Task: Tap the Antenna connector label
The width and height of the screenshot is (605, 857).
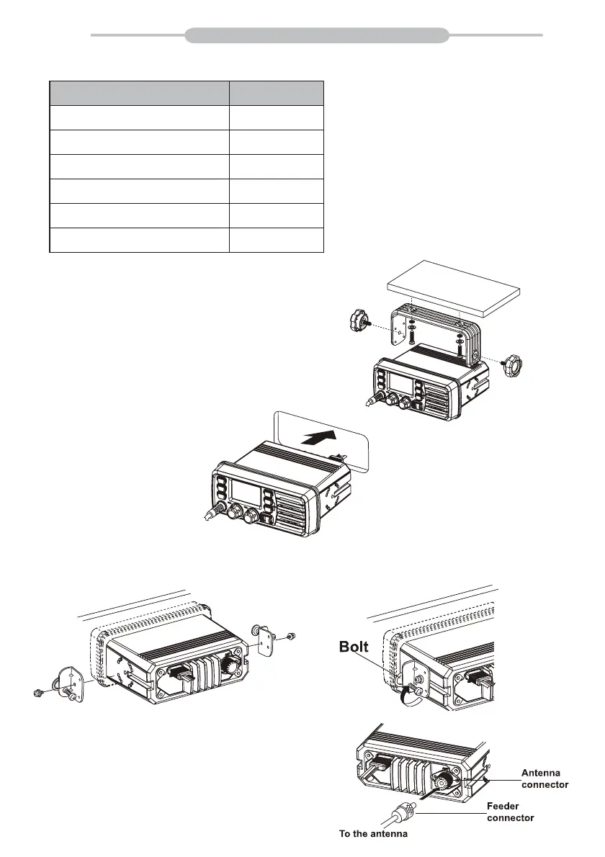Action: point(544,779)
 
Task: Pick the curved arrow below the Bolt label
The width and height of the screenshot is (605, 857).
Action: point(405,695)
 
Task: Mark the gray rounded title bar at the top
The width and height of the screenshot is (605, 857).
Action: point(317,35)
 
